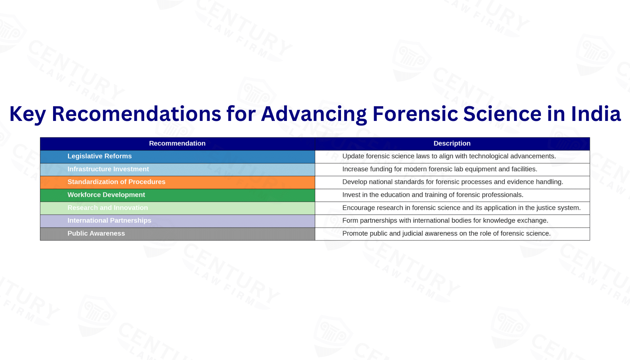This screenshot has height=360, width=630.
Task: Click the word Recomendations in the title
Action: point(136,114)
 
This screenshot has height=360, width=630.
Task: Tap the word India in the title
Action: point(596,114)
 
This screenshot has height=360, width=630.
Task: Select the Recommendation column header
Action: point(177,143)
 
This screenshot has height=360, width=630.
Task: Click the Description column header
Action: point(452,143)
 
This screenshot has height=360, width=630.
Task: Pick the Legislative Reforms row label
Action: point(99,156)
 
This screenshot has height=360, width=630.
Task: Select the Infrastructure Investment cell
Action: point(108,169)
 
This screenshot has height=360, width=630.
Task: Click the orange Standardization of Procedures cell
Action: point(116,182)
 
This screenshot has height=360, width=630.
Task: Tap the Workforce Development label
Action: point(106,195)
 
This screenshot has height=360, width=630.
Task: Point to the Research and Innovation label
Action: point(108,208)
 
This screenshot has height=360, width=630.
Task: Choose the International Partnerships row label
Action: point(109,220)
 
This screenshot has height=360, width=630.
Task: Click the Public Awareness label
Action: point(96,233)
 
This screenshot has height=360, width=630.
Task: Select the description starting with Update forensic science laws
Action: point(449,156)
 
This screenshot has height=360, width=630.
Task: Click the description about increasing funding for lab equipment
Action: point(439,169)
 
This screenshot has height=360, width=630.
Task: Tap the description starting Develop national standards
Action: point(452,182)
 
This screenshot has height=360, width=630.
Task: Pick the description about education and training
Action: point(433,195)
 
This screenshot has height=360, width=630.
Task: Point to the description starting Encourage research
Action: point(461,208)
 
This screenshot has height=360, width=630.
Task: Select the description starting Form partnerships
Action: point(445,220)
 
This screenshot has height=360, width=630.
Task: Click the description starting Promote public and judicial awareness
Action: point(446,233)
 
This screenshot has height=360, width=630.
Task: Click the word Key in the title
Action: point(27,115)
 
